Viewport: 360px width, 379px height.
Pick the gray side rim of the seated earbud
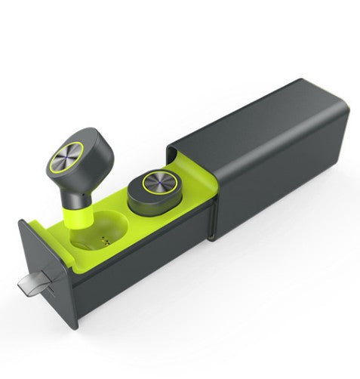pyautogui.click(x=143, y=204)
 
